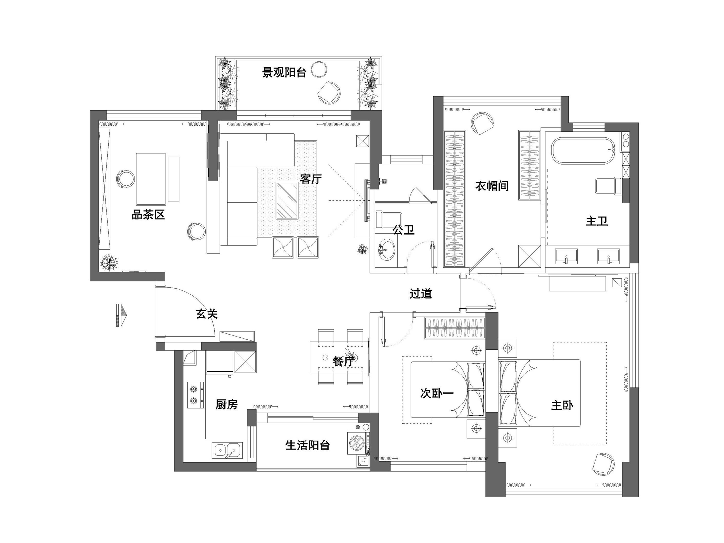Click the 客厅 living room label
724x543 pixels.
coord(311,179)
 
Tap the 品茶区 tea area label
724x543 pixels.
coord(148,215)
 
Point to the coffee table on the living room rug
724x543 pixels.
coord(287,200)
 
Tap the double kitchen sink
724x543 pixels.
coord(227,450)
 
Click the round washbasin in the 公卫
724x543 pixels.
coord(387,250)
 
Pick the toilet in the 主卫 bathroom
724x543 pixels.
coord(608,186)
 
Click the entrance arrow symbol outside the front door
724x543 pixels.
coord(121,315)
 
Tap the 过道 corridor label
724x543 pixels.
coord(421,294)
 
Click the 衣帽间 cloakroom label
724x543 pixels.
coord(492,186)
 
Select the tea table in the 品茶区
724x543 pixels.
coord(151,179)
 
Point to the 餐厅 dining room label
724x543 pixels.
coord(343,361)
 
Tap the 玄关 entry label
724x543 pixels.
coord(207,314)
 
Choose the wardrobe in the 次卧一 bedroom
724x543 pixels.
coord(455,328)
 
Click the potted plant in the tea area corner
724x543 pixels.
coord(108,262)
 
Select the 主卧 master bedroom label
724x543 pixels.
coord(562,406)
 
